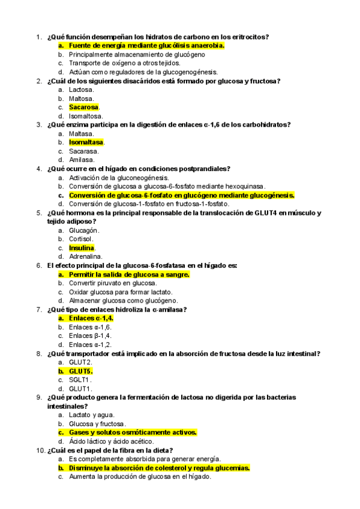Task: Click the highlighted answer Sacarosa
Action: pyautogui.click(x=84, y=107)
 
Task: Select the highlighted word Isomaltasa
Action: pyautogui.click(x=86, y=142)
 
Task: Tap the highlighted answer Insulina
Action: pyautogui.click(x=82, y=248)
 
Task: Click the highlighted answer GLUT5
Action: pyautogui.click(x=80, y=371)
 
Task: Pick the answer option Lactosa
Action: pyautogui.click(x=81, y=89)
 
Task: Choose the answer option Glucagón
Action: pyautogui.click(x=84, y=230)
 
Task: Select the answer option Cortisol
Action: pyautogui.click(x=82, y=239)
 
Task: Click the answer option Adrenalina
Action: pyautogui.click(x=85, y=257)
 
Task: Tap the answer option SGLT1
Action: pyautogui.click(x=80, y=380)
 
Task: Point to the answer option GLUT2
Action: pyautogui.click(x=80, y=363)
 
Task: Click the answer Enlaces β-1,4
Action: pyautogui.click(x=90, y=336)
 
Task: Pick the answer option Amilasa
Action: pyautogui.click(x=82, y=160)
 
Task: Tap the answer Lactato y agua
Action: pyautogui.click(x=92, y=415)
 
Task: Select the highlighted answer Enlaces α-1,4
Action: pyautogui.click(x=91, y=318)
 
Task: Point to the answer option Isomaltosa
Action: pyautogui.click(x=86, y=116)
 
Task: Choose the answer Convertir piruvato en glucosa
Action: pyautogui.click(x=113, y=283)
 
